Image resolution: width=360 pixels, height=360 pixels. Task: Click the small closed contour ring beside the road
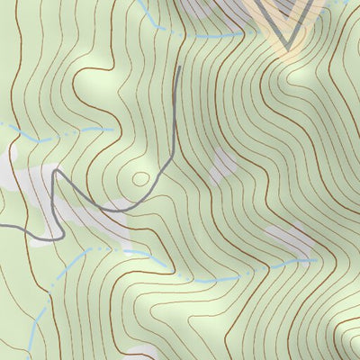[139, 178]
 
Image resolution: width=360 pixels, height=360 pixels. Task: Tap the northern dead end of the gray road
[180, 67]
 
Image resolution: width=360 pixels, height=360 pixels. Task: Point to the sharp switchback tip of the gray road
[56, 171]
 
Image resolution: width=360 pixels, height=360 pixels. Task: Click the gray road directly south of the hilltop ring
[135, 207]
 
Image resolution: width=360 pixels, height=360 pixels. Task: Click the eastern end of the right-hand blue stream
[317, 260]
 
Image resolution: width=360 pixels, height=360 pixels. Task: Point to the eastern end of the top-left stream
[113, 129]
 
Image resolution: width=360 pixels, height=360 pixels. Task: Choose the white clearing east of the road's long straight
[220, 166]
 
